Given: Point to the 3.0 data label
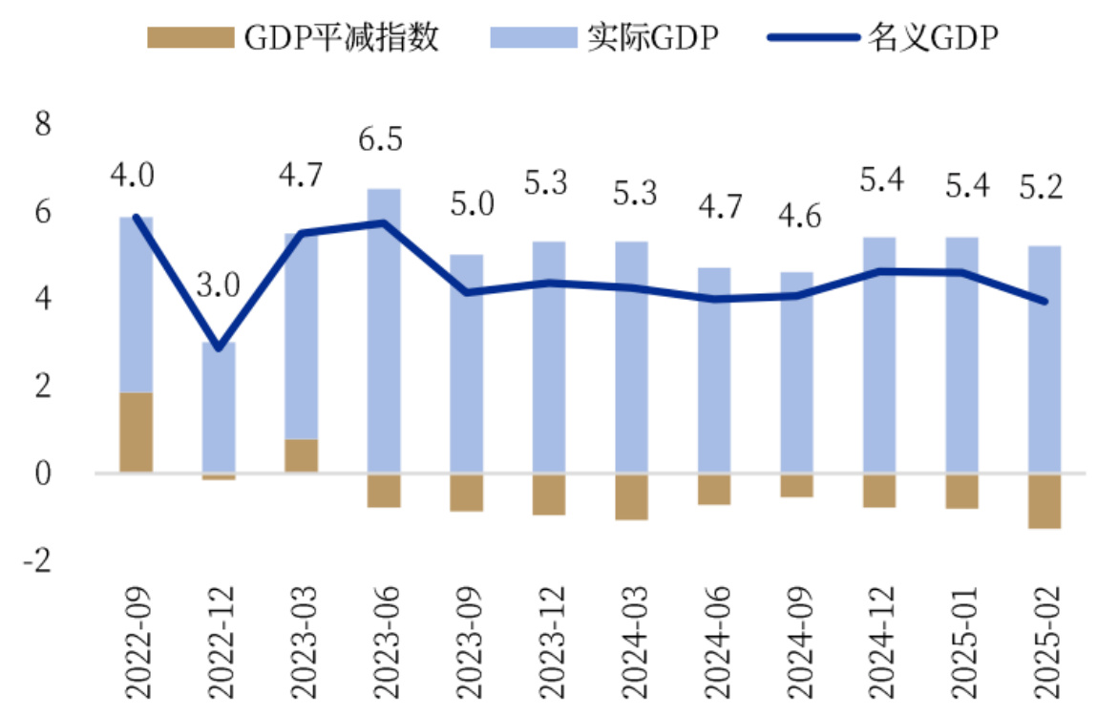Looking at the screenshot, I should [x=218, y=286].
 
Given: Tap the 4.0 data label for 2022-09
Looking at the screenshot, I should [x=133, y=176].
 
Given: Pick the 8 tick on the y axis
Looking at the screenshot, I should [x=42, y=125].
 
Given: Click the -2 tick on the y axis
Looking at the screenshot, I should [x=37, y=560].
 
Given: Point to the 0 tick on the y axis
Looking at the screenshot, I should [x=42, y=474].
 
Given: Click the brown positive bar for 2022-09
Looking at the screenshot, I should [x=136, y=432].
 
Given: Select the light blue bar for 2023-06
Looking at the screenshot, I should [x=384, y=329].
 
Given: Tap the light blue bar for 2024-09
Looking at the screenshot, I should [x=796, y=372].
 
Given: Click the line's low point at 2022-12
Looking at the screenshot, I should [x=219, y=347].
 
